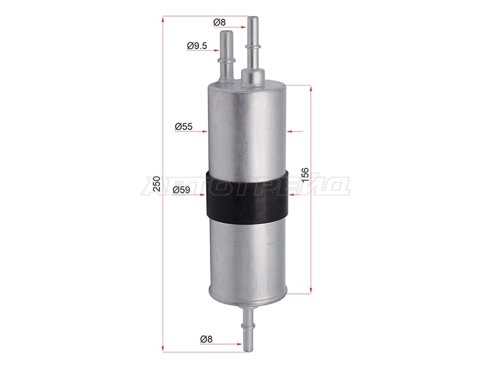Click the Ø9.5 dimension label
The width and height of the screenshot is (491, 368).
pos(197,46)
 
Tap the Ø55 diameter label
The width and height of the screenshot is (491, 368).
pos(184,127)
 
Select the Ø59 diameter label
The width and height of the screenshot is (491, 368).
pos(181,190)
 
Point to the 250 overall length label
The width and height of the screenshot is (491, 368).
pos(157,183)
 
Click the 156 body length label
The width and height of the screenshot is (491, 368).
pos(305,175)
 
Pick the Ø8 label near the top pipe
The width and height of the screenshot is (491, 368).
pos(219,22)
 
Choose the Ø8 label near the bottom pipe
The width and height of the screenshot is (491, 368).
pos(206,339)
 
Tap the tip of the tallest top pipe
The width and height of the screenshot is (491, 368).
pos(253,18)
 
